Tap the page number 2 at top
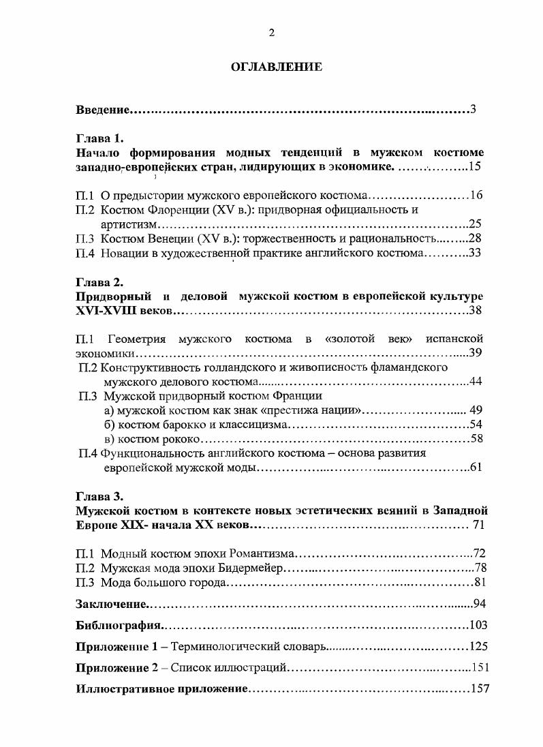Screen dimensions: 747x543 click(271, 32)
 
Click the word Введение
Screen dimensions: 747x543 click(102, 110)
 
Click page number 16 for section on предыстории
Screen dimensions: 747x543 click(476, 196)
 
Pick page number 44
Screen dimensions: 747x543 click(476, 381)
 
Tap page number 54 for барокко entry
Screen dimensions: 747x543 click(476, 424)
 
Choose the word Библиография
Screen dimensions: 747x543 click(119, 626)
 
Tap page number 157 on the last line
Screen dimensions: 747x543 click(480, 689)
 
